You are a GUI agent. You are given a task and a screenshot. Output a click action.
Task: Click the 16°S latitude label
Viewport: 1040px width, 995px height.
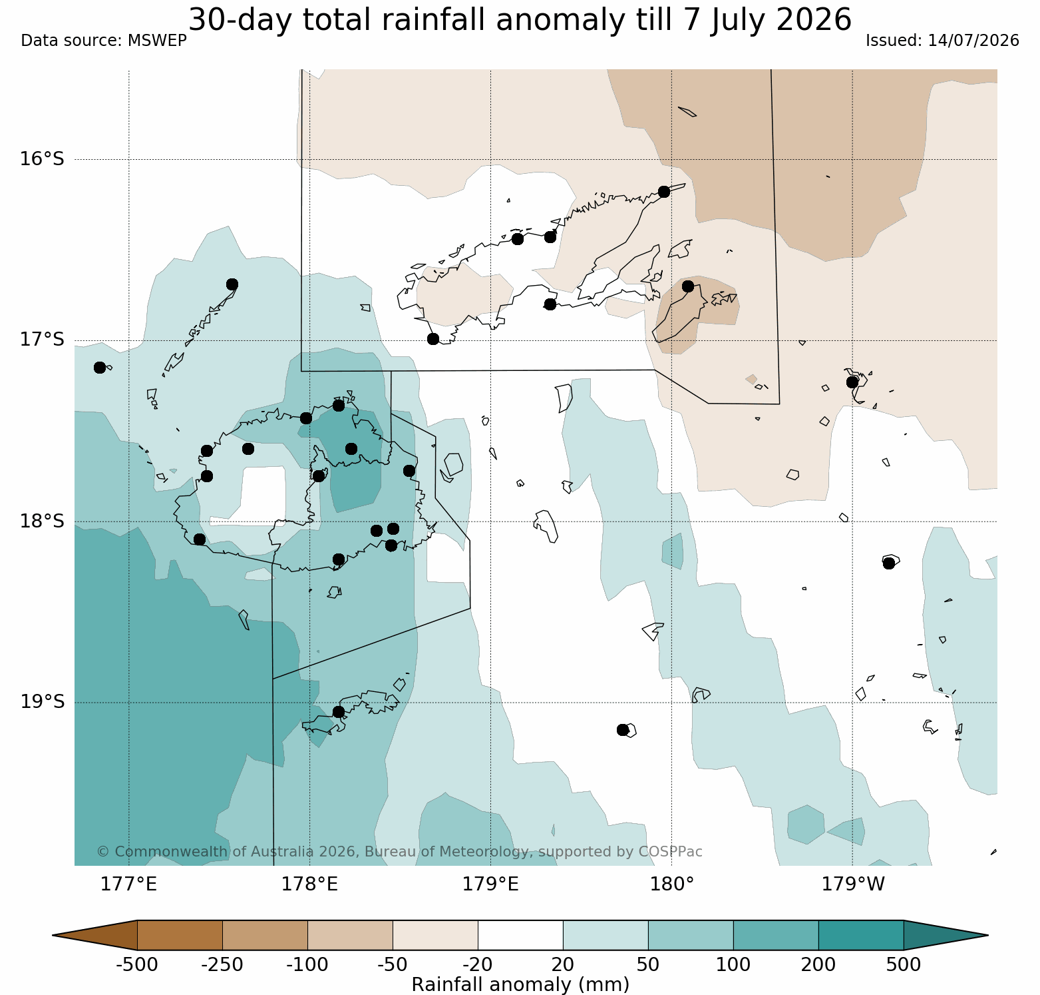point(42,159)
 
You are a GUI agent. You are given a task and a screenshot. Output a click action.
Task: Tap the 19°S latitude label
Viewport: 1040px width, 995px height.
point(42,702)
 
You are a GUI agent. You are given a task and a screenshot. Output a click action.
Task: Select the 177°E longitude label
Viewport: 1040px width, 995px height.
point(128,884)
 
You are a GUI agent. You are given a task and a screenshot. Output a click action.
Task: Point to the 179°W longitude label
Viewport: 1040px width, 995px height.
point(853,884)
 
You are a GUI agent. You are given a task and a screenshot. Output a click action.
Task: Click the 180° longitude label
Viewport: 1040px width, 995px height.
point(672,884)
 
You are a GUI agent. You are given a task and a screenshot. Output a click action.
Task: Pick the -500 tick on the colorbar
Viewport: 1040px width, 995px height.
point(137,964)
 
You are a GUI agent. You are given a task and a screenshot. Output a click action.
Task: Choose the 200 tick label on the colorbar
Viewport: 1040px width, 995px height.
point(818,964)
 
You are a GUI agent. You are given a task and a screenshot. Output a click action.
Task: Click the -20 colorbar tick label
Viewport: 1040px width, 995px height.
point(478,964)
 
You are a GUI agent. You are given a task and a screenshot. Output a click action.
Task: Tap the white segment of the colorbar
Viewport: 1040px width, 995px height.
point(520,935)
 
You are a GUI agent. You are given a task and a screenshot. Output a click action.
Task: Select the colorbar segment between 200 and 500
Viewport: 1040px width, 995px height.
point(861,935)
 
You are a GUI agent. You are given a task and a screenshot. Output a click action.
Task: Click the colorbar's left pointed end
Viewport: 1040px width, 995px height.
point(53,935)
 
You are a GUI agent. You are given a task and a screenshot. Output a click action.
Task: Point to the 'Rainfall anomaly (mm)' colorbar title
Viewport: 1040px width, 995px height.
point(520,984)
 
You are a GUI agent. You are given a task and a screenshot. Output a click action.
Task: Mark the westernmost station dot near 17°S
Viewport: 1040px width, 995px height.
point(100,368)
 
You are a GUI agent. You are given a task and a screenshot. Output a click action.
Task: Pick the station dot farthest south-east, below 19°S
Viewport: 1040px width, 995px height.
point(623,730)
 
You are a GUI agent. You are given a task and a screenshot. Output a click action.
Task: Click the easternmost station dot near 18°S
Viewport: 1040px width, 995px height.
point(889,563)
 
